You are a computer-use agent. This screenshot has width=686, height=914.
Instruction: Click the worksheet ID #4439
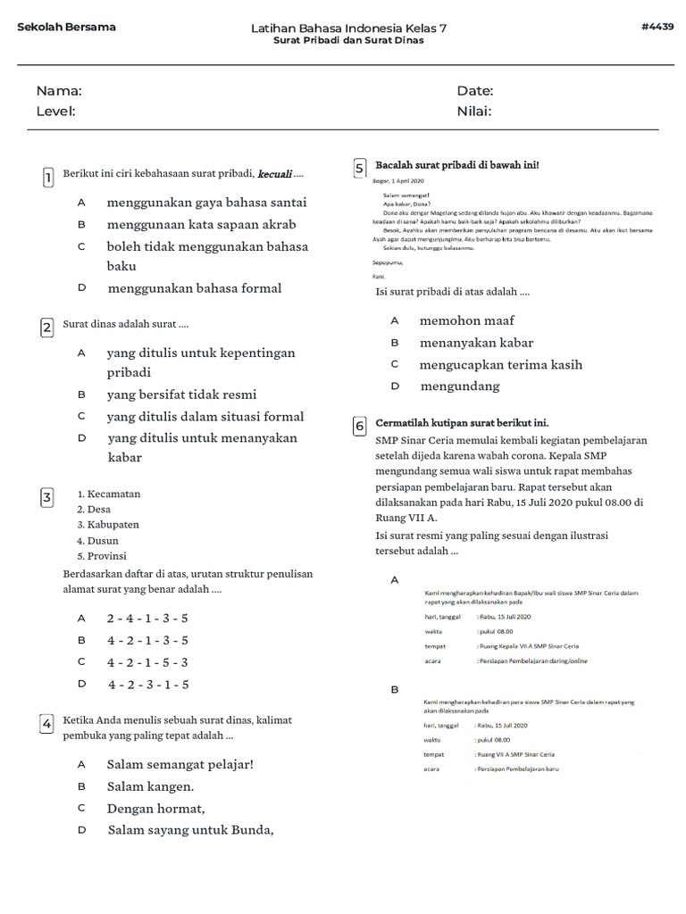pos(657,27)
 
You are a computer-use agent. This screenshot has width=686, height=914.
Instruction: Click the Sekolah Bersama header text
pos(66,27)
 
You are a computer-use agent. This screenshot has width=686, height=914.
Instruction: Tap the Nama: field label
pos(59,91)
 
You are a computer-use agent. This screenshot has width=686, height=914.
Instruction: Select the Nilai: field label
pos(473,112)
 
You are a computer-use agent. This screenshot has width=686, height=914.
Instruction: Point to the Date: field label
pos(474,91)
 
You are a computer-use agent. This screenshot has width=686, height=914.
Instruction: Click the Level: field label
pos(55,112)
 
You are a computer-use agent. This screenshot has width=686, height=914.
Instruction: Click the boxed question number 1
pos(47,178)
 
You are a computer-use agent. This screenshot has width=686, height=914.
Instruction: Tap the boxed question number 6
pos(359,427)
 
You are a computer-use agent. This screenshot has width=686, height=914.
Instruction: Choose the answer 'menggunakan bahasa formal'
pos(194,288)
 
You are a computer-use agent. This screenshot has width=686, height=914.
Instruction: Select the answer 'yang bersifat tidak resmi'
pos(181,395)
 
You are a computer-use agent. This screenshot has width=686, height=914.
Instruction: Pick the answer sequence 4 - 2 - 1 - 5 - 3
pos(147,662)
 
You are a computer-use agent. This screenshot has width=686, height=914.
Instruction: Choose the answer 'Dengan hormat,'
pos(155,809)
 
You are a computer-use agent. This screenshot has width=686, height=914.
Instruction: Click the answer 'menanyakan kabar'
pos(476,343)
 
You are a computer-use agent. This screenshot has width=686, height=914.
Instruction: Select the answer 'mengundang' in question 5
pos(459,386)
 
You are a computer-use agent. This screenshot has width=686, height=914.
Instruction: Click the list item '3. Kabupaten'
pos(108,525)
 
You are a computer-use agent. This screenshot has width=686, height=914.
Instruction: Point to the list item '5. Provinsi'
pos(102,555)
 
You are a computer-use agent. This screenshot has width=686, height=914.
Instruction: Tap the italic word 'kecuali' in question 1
pos(274,173)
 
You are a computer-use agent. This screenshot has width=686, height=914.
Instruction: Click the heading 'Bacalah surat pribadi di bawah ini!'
pos(457,165)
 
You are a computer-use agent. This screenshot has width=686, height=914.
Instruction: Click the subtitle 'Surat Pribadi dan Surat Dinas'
pos(348,40)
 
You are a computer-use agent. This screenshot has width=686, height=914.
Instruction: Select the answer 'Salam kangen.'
pos(150,786)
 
